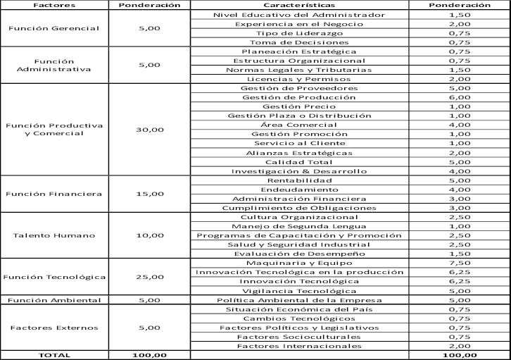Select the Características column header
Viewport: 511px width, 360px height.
[298, 5]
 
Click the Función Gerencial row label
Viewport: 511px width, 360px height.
[53, 28]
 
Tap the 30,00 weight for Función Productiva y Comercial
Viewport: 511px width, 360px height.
[149, 130]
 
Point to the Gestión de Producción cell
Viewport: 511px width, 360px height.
[298, 97]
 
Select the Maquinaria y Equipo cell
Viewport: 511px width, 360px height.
[298, 263]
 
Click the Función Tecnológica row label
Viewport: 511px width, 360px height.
[53, 277]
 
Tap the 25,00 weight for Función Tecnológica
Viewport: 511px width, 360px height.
[149, 277]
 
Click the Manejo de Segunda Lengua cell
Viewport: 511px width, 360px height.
[298, 226]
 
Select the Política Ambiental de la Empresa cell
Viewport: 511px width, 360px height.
[298, 299]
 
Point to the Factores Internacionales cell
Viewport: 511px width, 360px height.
[298, 346]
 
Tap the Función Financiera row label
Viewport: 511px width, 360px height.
[53, 194]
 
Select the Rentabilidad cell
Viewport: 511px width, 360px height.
[298, 180]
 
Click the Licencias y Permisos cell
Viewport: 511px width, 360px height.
[298, 79]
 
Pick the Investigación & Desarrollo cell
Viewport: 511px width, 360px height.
[298, 171]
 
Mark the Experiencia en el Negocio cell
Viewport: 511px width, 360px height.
[298, 24]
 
